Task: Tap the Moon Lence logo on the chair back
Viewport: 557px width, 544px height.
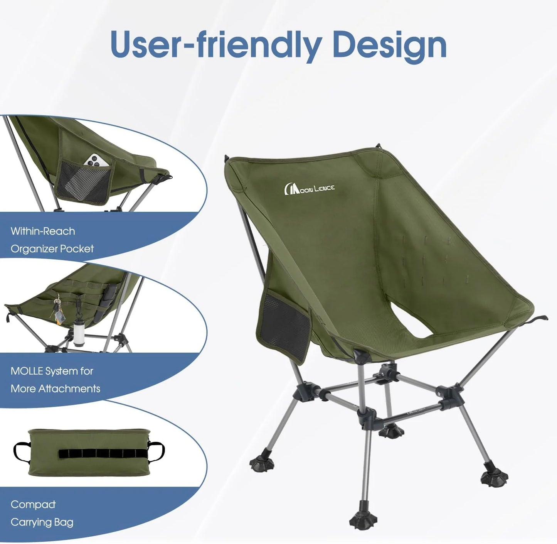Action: tap(309, 188)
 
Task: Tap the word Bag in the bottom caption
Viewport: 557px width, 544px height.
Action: tap(64, 522)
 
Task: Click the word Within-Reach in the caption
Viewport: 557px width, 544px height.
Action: tap(43, 231)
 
